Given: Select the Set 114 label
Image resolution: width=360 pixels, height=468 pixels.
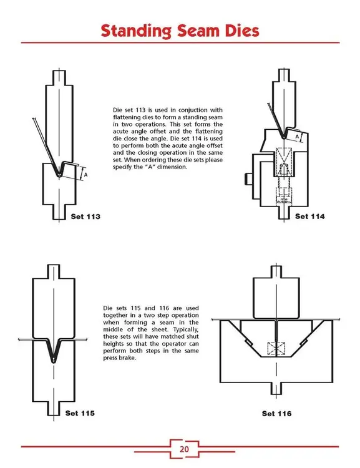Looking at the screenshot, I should [x=310, y=217].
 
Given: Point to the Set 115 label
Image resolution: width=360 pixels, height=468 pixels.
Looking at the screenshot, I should [x=81, y=412].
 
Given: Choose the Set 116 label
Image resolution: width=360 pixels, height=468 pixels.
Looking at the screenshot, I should [x=277, y=413].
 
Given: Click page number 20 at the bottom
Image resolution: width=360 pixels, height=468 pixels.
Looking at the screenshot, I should [x=185, y=448].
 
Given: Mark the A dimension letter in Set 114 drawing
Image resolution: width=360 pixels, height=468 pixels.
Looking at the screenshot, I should [x=298, y=135].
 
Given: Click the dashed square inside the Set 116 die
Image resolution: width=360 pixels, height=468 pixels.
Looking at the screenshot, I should [x=275, y=350].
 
